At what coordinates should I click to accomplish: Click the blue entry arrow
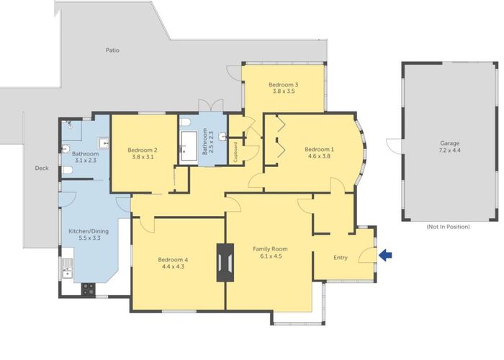pos(385,256)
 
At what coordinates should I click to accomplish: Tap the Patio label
pos(112,50)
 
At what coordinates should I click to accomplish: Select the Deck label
pos(42,168)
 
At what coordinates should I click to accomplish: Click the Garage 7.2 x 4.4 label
pos(450,147)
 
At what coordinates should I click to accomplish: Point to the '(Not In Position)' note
pos(448,227)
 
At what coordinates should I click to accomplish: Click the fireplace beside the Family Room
pos(225,263)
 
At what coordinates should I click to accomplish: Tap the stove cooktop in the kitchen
pos(88,289)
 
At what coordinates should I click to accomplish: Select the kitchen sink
pos(67,269)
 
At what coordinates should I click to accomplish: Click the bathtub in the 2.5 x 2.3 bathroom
pos(189,146)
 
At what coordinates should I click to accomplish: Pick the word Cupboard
pos(235,151)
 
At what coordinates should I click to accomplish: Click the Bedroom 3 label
pos(283,85)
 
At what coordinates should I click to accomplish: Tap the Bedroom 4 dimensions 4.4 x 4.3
pos(173,266)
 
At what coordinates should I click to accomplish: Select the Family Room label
pos(270,249)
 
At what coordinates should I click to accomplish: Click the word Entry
pos(341,258)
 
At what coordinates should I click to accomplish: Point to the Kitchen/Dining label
pos(89,231)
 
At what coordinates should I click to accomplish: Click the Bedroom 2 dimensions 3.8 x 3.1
pos(143,157)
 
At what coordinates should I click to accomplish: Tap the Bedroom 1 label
pos(319,149)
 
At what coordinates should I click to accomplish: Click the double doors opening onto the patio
pos(210,105)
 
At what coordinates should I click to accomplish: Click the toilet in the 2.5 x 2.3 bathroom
pos(185,122)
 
